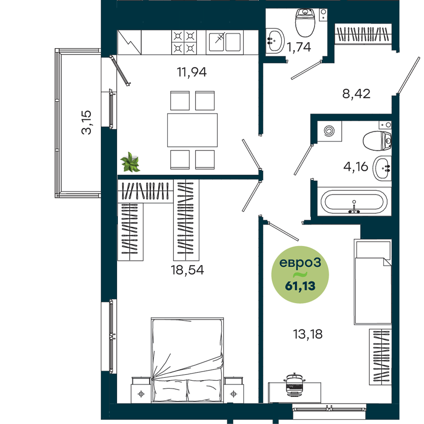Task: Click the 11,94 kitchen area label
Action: [192, 72]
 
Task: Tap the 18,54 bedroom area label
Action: [187, 270]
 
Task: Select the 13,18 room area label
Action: [308, 334]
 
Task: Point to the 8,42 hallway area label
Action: [356, 94]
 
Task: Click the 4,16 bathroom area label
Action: [356, 167]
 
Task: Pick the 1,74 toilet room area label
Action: [298, 47]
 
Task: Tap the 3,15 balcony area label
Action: [86, 122]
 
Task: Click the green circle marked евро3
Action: [300, 274]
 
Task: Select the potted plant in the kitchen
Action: [130, 162]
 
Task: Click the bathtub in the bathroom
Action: [354, 202]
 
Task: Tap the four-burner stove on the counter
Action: [184, 42]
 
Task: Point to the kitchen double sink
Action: [225, 42]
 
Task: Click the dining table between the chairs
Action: [192, 130]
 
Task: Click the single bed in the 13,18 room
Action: [373, 282]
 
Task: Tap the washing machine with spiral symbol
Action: [329, 131]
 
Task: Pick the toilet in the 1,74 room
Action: [305, 22]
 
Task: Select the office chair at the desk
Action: [294, 385]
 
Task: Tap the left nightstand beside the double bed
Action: [141, 390]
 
